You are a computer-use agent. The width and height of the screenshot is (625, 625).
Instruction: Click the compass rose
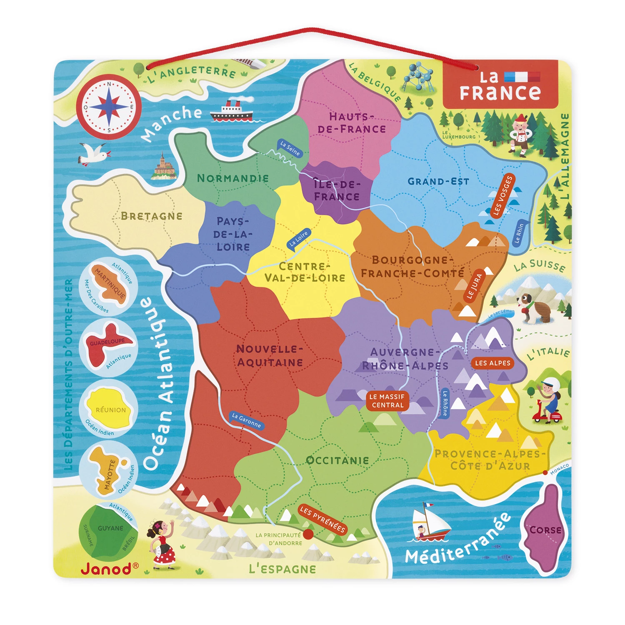[109, 107]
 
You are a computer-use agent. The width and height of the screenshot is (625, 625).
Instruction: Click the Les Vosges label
[502, 196]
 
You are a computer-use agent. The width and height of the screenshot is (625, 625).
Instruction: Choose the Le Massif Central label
[387, 401]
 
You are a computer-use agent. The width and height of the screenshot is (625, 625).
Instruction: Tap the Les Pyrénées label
[322, 519]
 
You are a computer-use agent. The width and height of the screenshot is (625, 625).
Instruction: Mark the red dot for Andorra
[308, 534]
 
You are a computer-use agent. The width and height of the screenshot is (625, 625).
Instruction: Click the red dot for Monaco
[545, 472]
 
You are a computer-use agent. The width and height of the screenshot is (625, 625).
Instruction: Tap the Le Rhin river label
[519, 234]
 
